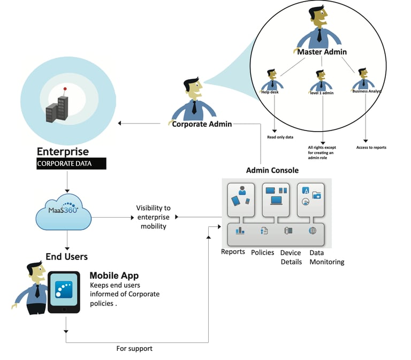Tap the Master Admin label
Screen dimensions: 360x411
(x=322, y=52)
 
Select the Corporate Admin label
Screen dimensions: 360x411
(x=202, y=124)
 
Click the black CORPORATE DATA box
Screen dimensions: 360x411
(x=71, y=164)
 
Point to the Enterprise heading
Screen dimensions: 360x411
(x=63, y=151)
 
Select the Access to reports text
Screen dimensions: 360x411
(x=371, y=148)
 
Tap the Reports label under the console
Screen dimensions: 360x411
(x=233, y=252)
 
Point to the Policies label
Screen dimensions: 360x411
(x=263, y=252)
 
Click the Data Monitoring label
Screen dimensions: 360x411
(x=326, y=257)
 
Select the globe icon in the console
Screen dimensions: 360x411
(x=313, y=231)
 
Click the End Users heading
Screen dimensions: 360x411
(x=66, y=257)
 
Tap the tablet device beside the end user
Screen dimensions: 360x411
(x=64, y=292)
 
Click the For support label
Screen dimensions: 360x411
(x=134, y=348)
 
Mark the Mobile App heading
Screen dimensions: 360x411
(x=114, y=276)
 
